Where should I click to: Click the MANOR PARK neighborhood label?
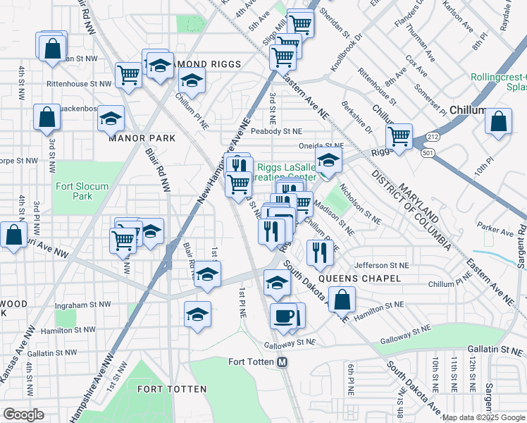pyautogui.click(x=142, y=138)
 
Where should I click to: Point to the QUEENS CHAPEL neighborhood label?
pyautogui.click(x=359, y=278)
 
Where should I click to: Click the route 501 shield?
pyautogui.click(x=427, y=152)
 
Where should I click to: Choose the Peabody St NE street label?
pyautogui.click(x=278, y=131)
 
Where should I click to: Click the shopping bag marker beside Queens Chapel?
pyautogui.click(x=342, y=300)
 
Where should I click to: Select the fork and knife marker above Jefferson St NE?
pyautogui.click(x=319, y=252)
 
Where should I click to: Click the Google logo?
pyautogui.click(x=23, y=414)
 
